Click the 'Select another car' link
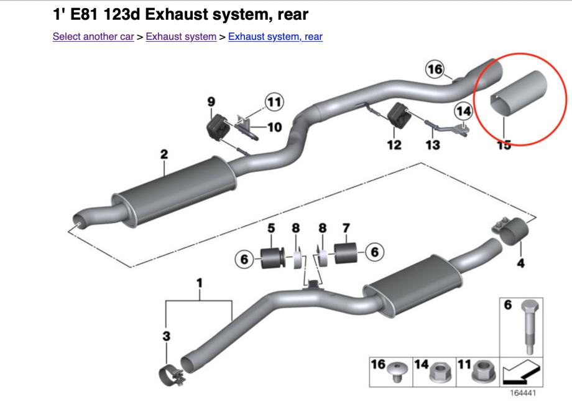(93, 37)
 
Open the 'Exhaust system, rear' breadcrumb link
(275, 37)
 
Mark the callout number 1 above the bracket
(200, 284)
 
